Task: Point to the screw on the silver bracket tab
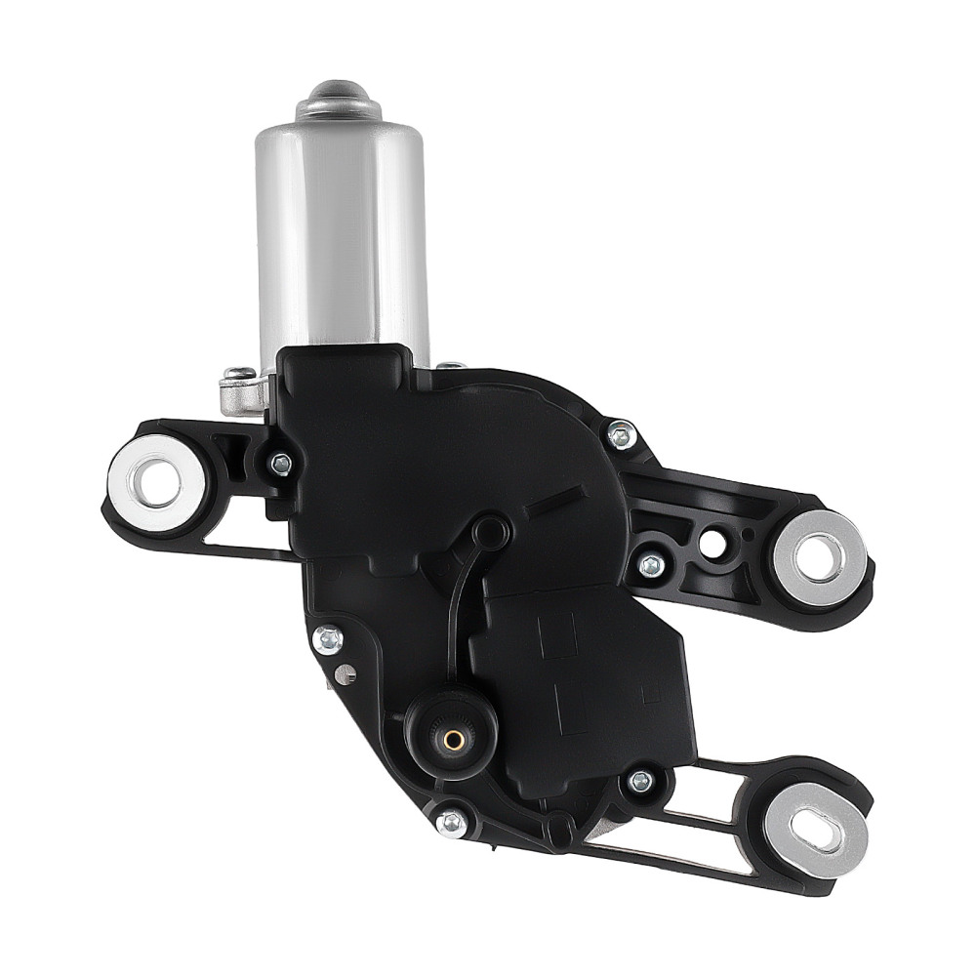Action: tap(239, 374)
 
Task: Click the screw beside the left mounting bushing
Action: tap(281, 465)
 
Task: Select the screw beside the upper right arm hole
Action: tap(651, 564)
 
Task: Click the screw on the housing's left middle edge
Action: tap(327, 639)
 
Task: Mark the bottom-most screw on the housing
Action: tap(451, 821)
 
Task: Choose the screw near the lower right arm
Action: tap(641, 781)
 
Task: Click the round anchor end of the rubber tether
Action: tap(490, 532)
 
